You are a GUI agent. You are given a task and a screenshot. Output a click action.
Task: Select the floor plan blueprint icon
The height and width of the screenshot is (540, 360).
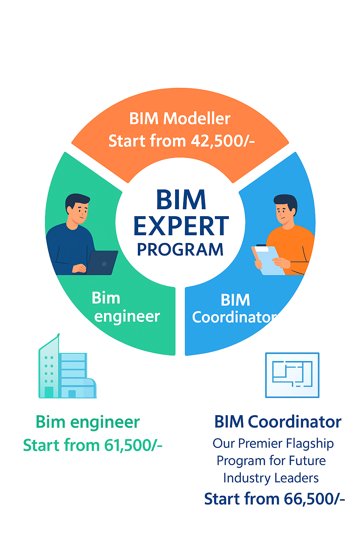click(x=292, y=375)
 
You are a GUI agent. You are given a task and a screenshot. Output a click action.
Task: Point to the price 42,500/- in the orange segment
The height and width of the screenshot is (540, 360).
click(x=223, y=141)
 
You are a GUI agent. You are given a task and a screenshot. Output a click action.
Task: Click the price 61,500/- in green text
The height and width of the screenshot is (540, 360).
click(x=133, y=445)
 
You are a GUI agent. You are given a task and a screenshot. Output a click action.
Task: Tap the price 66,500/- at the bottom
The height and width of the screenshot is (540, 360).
click(x=314, y=499)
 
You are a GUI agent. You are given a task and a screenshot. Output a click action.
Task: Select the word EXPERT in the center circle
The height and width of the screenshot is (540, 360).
click(x=181, y=226)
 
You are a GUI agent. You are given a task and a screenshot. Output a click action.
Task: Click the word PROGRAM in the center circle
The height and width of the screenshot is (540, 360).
click(x=180, y=250)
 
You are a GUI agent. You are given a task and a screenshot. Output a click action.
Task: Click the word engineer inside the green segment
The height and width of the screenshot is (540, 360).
click(x=127, y=317)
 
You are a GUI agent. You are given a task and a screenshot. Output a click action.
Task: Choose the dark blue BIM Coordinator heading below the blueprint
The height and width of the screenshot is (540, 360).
click(x=278, y=422)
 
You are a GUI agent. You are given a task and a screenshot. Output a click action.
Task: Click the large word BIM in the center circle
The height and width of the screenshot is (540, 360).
click(x=181, y=200)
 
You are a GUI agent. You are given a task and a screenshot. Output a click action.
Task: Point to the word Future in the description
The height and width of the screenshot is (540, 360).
click(x=307, y=461)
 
